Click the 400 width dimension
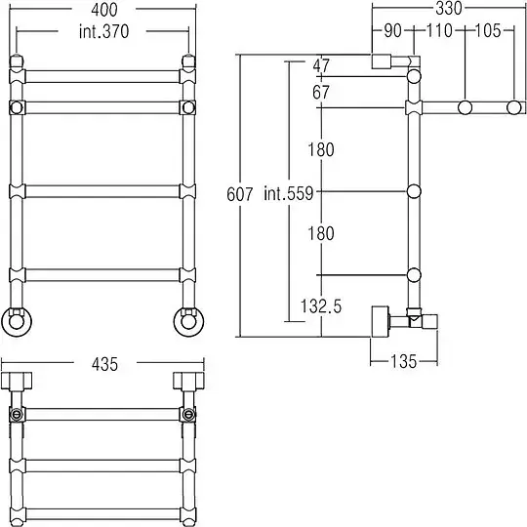(104, 10)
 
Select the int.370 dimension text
(104, 31)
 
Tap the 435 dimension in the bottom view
(104, 364)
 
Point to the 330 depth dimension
(449, 8)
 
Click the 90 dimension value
(393, 30)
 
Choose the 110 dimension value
(439, 30)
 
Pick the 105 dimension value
(488, 30)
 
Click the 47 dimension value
(321, 65)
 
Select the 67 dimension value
(321, 92)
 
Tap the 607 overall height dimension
(240, 194)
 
